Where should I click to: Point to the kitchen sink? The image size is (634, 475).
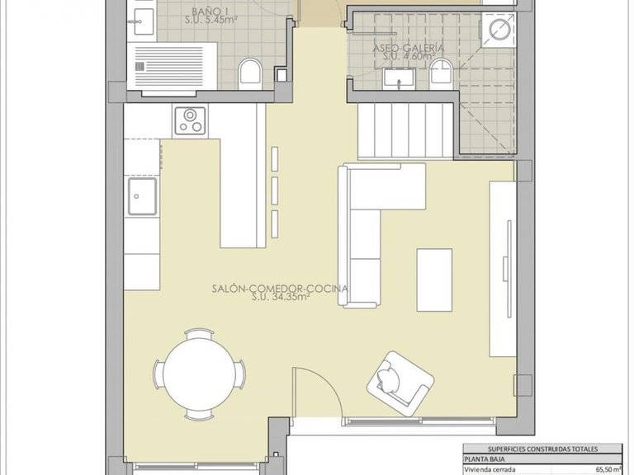[144, 199]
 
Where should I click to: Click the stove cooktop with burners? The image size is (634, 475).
[192, 121]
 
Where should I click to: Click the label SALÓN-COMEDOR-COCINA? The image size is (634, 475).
[278, 289]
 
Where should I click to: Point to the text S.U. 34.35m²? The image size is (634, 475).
[281, 299]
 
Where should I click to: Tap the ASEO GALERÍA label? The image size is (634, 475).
[409, 49]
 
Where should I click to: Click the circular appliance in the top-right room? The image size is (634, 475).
[499, 30]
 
